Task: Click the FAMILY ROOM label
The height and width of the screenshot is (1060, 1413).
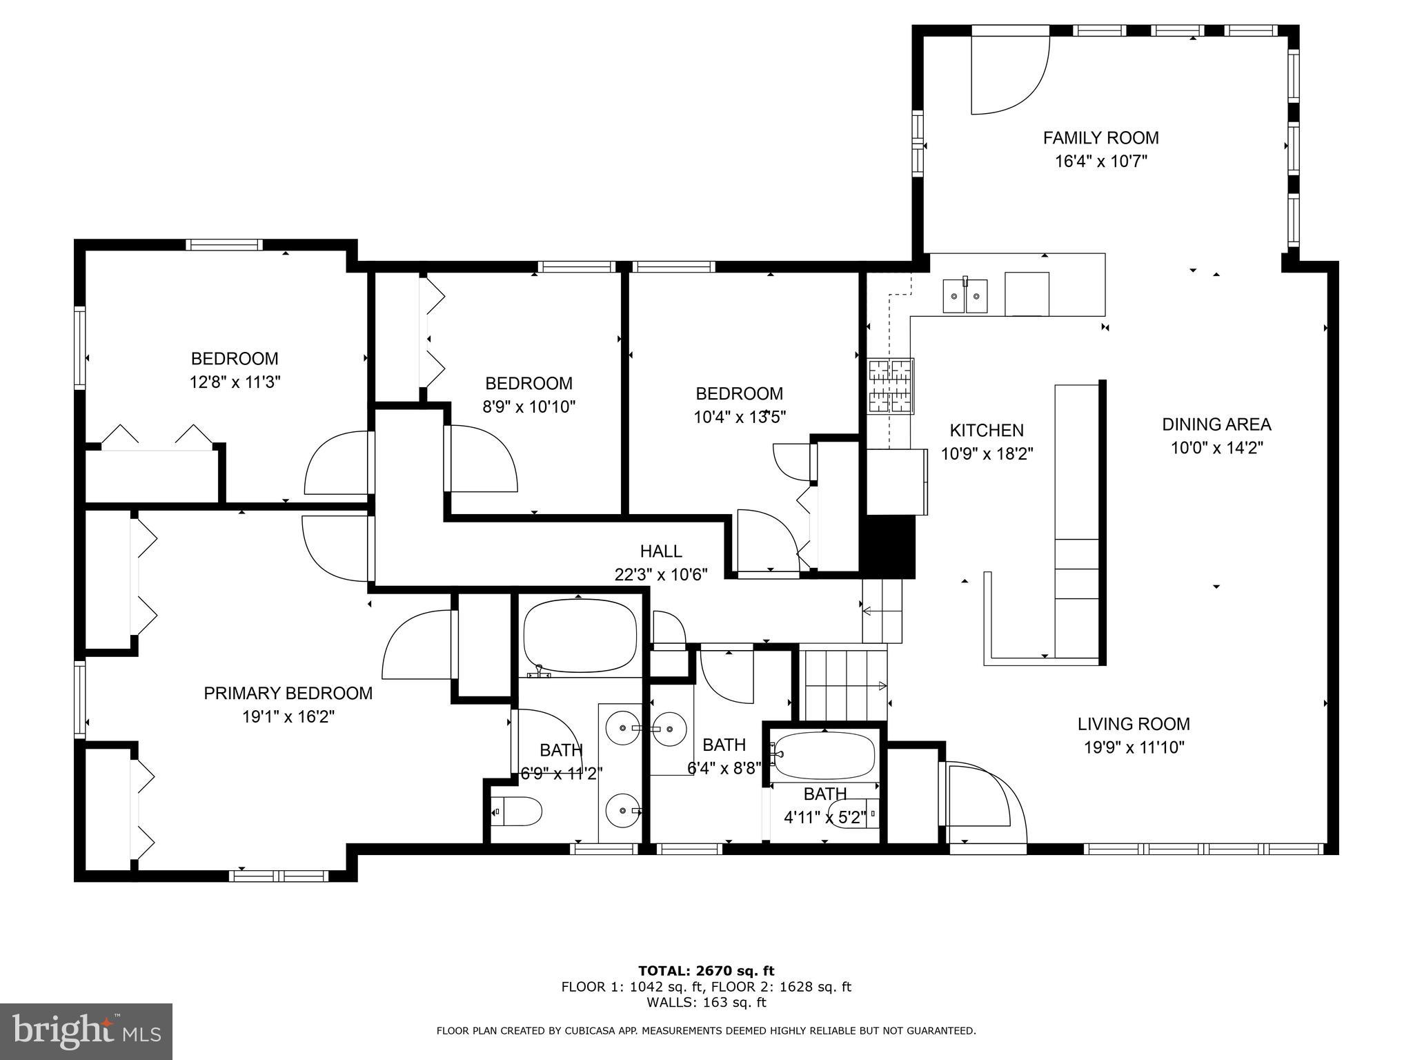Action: point(1100,138)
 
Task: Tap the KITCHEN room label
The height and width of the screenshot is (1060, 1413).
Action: point(987,431)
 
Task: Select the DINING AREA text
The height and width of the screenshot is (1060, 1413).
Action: point(1216,424)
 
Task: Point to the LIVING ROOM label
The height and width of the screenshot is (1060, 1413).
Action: point(1134,724)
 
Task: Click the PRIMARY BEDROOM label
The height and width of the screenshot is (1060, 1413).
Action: point(288,694)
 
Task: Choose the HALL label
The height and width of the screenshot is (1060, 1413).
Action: point(661,551)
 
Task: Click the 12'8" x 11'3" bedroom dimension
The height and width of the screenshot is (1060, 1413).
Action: point(235,382)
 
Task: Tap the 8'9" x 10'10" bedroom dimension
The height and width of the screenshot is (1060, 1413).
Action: point(528,407)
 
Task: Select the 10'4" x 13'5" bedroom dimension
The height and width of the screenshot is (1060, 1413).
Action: point(740,417)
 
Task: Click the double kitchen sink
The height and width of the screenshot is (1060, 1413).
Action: point(965,296)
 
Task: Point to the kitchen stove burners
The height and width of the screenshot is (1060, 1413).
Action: point(891,386)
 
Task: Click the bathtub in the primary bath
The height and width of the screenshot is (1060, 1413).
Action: point(580,636)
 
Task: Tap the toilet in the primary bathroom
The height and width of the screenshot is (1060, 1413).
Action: point(517,812)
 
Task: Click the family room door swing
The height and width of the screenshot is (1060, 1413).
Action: point(1010,75)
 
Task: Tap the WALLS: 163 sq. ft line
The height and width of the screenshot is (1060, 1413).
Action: point(706,1003)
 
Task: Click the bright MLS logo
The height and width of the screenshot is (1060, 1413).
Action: point(86,1031)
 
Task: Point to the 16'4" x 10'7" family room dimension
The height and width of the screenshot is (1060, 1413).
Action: point(1100,161)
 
